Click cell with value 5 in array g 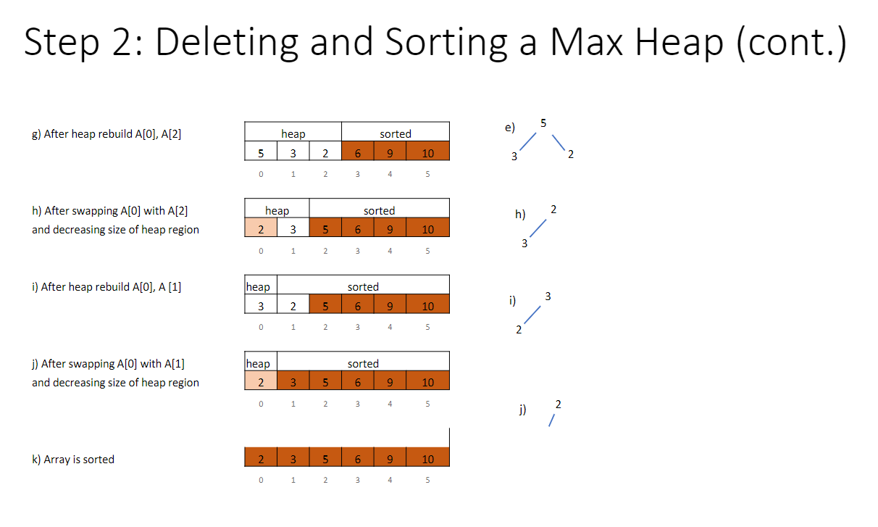261,151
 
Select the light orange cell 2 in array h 261,228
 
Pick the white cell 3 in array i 261,304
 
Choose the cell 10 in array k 427,457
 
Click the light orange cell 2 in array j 261,381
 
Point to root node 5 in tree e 543,123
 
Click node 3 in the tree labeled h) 524,244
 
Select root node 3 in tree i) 548,296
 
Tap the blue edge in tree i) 532,315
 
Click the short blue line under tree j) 552,420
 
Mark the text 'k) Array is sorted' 73,459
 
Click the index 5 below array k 427,480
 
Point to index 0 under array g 261,174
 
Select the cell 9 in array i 390,304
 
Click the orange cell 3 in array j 293,381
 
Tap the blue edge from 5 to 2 559,143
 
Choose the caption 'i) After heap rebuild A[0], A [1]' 106,287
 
